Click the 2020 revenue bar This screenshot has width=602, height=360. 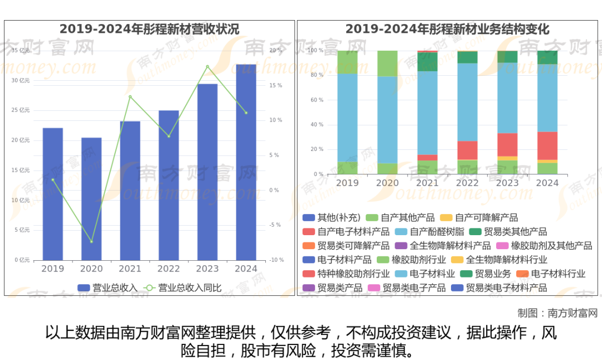pos(91,198)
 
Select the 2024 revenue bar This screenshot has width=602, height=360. pos(246,162)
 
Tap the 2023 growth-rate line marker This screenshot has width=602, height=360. pos(207,66)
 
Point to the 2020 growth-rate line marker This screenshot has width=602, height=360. pos(91,241)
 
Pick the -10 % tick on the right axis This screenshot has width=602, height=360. pos(276,260)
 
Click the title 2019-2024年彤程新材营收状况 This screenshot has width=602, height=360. pos(149,29)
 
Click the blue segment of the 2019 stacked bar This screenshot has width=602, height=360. pos(347,117)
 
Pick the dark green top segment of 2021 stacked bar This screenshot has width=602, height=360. pos(427,61)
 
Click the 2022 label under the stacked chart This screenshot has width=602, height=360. pos(467,183)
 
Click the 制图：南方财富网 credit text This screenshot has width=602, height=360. pos(557,313)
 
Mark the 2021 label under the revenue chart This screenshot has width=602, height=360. pos(130,269)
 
